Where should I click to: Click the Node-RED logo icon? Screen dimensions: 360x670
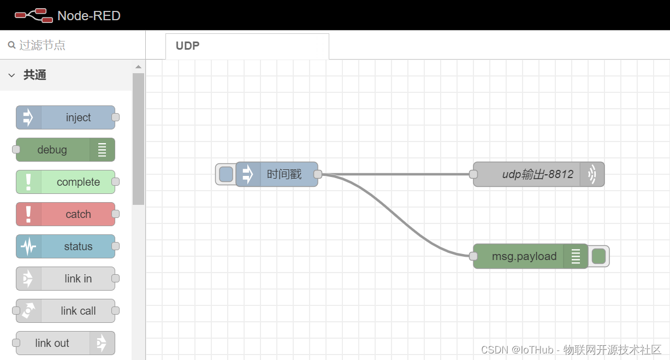(33, 15)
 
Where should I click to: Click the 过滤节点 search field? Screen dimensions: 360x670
(76, 45)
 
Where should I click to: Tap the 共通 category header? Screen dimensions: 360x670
(35, 75)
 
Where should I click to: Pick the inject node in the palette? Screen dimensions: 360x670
(66, 117)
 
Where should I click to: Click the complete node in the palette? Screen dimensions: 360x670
(66, 182)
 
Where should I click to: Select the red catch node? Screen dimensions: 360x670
(66, 214)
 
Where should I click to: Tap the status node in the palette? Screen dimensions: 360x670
(66, 246)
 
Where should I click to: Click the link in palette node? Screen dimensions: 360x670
(66, 279)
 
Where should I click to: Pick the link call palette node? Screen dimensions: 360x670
(66, 311)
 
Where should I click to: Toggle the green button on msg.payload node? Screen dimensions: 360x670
(599, 256)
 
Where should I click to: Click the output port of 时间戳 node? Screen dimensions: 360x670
(318, 174)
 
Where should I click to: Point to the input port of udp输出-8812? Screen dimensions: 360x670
(473, 174)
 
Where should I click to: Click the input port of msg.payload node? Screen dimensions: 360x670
(473, 256)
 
